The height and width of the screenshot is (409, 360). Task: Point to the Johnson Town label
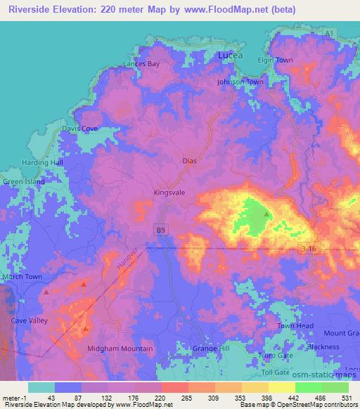coord(240,82)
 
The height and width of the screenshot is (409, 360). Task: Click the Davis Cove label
coord(79,129)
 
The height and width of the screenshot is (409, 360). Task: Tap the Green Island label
coord(24,181)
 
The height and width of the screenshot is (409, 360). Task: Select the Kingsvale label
coord(169,191)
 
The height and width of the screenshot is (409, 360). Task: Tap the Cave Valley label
coord(28,320)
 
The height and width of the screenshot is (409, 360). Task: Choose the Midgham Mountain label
coord(120,349)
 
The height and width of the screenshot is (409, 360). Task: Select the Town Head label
coord(295,326)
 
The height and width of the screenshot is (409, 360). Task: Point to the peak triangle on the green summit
coord(266,214)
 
